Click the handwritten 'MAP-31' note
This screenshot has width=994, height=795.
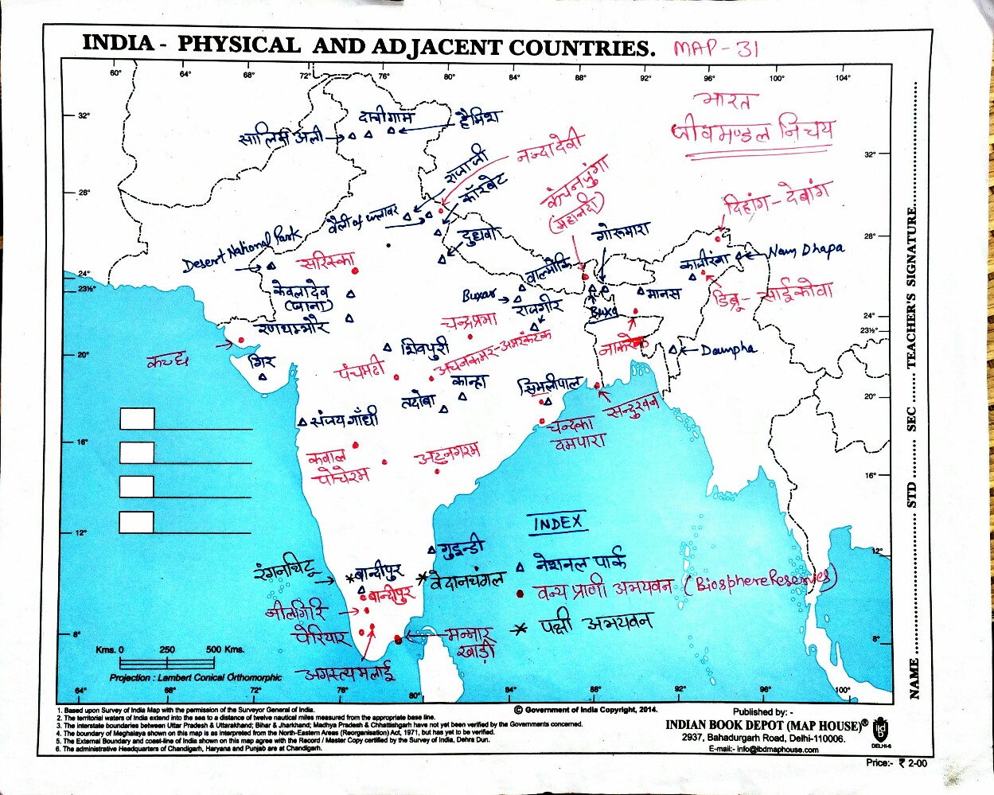tap(716, 49)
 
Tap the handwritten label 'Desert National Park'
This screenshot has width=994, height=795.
tap(241, 250)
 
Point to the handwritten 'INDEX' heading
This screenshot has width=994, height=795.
tap(557, 523)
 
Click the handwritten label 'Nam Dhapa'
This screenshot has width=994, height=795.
tap(805, 251)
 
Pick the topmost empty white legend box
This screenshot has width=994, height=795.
tap(137, 419)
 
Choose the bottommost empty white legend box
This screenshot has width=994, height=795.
tap(137, 523)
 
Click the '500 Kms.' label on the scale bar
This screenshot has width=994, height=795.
tap(225, 649)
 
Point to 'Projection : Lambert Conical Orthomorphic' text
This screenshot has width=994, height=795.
tap(196, 677)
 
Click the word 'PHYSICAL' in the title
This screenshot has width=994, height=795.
tap(238, 45)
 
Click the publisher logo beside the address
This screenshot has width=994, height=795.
tap(880, 729)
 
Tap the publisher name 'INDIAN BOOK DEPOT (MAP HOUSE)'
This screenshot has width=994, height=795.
tap(764, 725)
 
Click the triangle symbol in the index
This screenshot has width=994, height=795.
tap(520, 567)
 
